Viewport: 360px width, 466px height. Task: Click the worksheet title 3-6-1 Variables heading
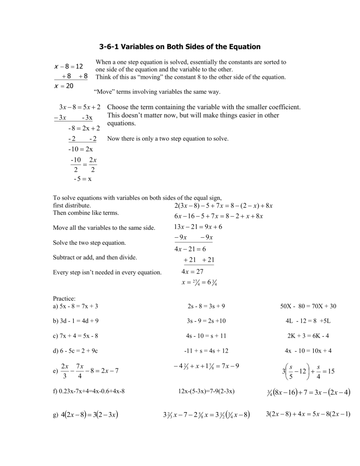tap(180, 46)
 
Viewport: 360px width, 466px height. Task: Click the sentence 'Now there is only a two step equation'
tap(168, 139)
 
